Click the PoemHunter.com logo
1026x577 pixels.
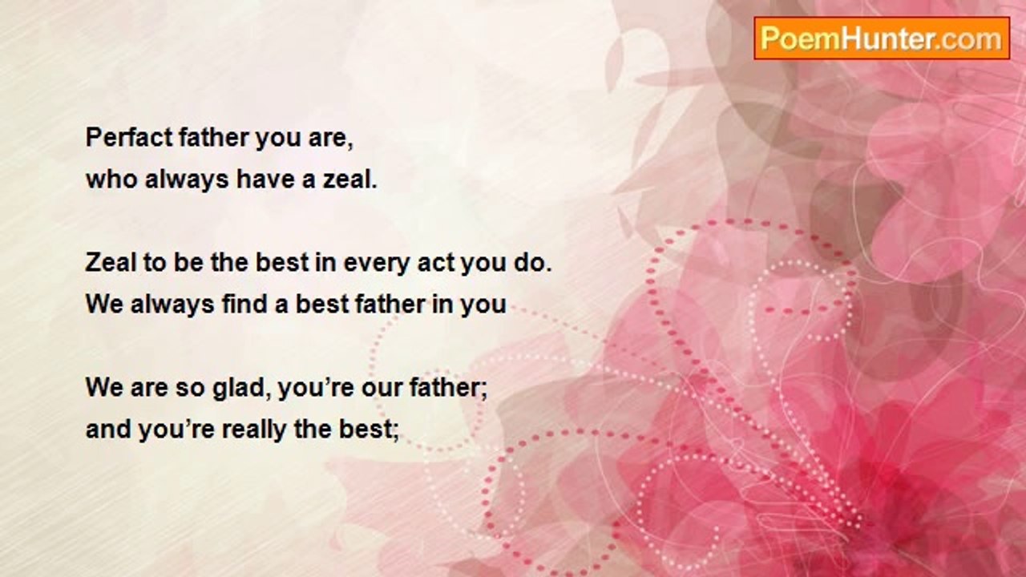(x=882, y=38)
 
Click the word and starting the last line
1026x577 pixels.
(x=108, y=430)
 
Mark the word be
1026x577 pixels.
(x=188, y=262)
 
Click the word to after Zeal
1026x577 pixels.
(x=155, y=263)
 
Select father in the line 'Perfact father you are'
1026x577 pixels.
(x=213, y=137)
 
